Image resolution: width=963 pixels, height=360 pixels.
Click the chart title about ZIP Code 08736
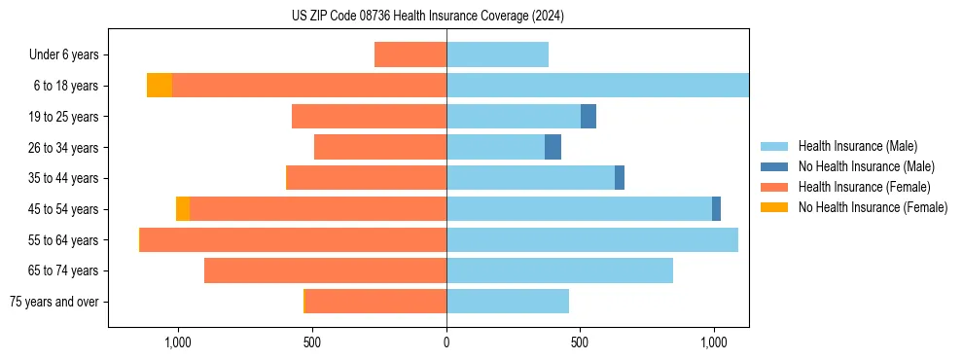tap(427, 16)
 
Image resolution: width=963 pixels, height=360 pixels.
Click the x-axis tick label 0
tap(446, 342)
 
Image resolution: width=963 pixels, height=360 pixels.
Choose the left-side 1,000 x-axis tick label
tap(178, 342)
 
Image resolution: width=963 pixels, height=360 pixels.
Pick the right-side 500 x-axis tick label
tap(580, 342)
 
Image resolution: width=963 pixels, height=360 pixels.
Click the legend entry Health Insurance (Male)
tap(857, 146)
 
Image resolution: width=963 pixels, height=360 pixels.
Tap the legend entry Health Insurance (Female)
tap(864, 187)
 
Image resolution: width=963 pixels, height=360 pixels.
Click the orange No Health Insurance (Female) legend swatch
tap(774, 207)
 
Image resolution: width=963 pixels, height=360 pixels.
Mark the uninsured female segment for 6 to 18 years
tap(160, 86)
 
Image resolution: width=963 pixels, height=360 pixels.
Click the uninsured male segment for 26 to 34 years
tap(553, 147)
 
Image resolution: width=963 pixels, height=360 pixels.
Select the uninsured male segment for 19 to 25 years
tap(588, 117)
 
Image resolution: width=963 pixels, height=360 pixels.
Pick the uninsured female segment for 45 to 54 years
tap(183, 209)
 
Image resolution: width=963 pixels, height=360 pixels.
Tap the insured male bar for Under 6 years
tap(497, 54)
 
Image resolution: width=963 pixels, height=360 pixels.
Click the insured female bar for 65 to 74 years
tap(325, 270)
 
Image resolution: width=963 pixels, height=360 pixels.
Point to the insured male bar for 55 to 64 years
tap(591, 239)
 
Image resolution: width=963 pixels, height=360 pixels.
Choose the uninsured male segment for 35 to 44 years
tap(620, 178)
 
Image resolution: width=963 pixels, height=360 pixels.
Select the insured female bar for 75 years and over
tap(375, 302)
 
